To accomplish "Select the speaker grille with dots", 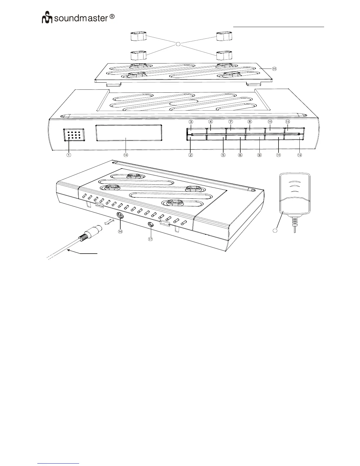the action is pos(74,135).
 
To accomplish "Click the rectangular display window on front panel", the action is pos(129,133).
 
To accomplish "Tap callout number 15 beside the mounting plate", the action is pos(274,69).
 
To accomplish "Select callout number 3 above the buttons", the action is pos(191,122).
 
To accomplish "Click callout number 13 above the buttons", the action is pos(288,122).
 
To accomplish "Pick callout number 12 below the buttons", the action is pos(299,155).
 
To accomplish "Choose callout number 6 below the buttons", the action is pos(240,155).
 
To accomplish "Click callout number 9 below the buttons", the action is pos(259,155).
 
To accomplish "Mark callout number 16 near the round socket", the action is pos(120,231).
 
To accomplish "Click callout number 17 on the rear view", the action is pos(150,239).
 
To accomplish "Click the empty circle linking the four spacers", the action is pos(178,44).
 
